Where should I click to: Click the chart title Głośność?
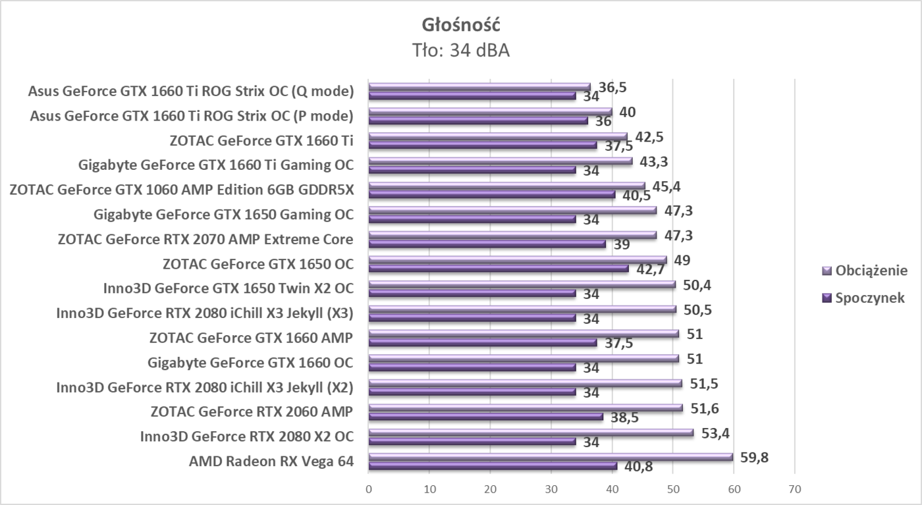click(x=461, y=25)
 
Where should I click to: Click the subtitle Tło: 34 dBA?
click(x=461, y=50)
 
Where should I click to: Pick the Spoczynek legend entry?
click(x=863, y=297)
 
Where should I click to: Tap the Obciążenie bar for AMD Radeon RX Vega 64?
click(x=551, y=457)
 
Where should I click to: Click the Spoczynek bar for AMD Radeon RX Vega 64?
click(x=493, y=466)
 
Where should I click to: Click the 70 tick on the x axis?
click(x=794, y=489)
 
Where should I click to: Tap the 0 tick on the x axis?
click(x=369, y=489)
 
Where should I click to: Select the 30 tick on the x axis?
click(x=551, y=489)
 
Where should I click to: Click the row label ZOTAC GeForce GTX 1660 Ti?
click(x=261, y=140)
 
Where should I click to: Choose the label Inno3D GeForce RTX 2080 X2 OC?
click(x=247, y=437)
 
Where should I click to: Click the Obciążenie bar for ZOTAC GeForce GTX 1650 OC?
click(x=518, y=259)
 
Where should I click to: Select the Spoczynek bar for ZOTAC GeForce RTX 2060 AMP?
click(x=485, y=417)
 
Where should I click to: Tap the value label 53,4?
click(x=715, y=433)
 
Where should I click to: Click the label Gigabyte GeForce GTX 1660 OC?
click(x=251, y=363)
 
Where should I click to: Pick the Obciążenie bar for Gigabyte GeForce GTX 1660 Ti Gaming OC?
click(x=501, y=161)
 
